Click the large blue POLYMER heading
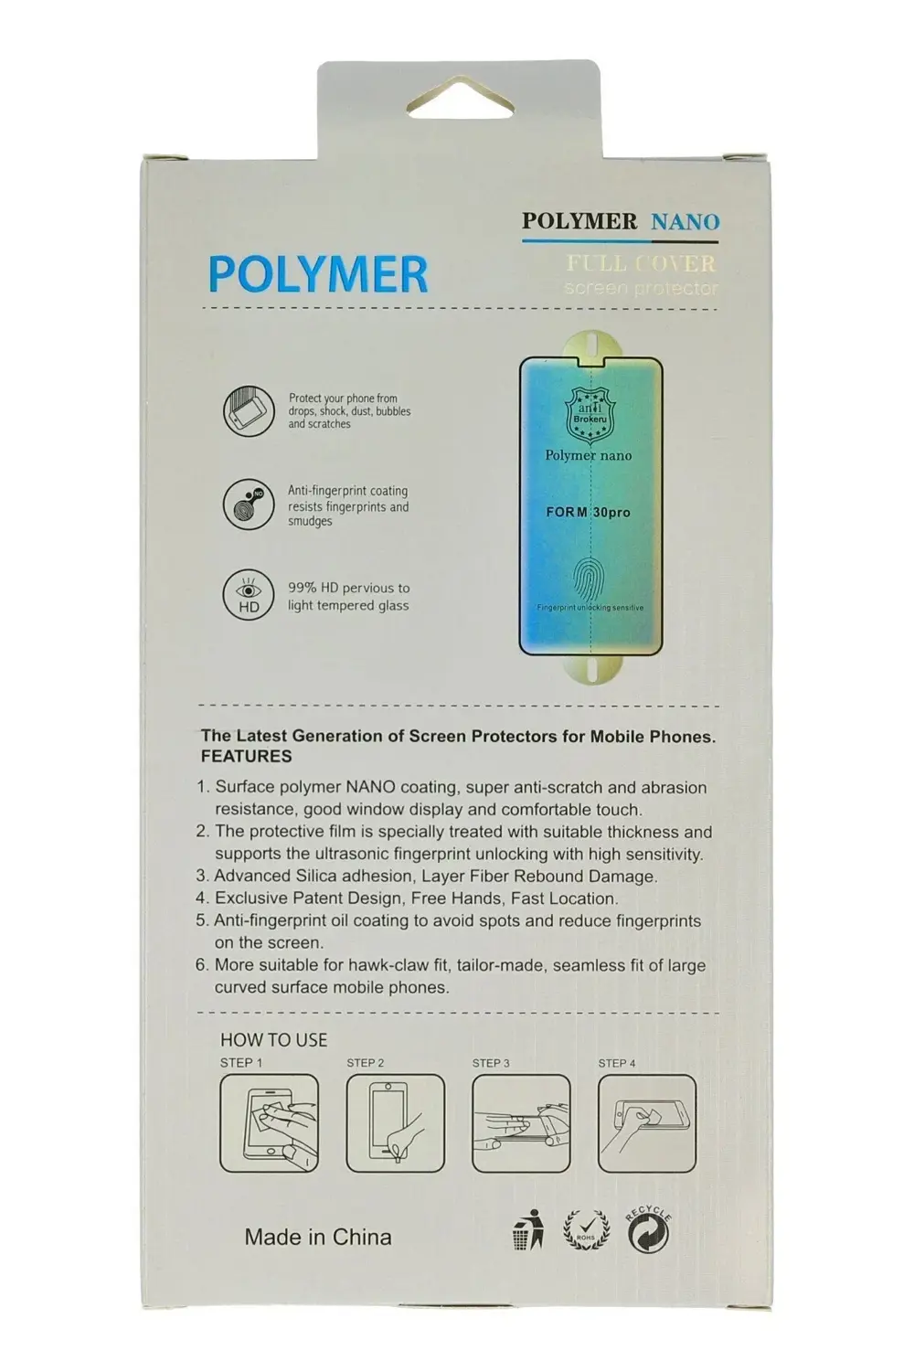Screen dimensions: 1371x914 318,274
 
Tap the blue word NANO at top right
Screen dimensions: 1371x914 685,221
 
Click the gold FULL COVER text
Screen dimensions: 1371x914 641,264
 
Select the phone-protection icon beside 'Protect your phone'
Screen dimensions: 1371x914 249,411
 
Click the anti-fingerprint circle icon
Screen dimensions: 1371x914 249,505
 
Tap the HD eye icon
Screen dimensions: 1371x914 249,596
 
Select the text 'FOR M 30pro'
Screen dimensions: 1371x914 589,513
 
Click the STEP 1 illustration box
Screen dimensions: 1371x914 270,1123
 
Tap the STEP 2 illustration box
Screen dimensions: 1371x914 396,1123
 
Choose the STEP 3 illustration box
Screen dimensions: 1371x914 521,1123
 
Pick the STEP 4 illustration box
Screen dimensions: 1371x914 647,1123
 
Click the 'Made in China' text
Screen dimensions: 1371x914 318,1238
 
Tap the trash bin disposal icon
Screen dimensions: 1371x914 528,1230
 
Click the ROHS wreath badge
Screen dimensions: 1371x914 586,1231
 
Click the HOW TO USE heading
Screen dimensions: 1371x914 273,1040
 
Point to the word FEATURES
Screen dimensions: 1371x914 247,757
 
